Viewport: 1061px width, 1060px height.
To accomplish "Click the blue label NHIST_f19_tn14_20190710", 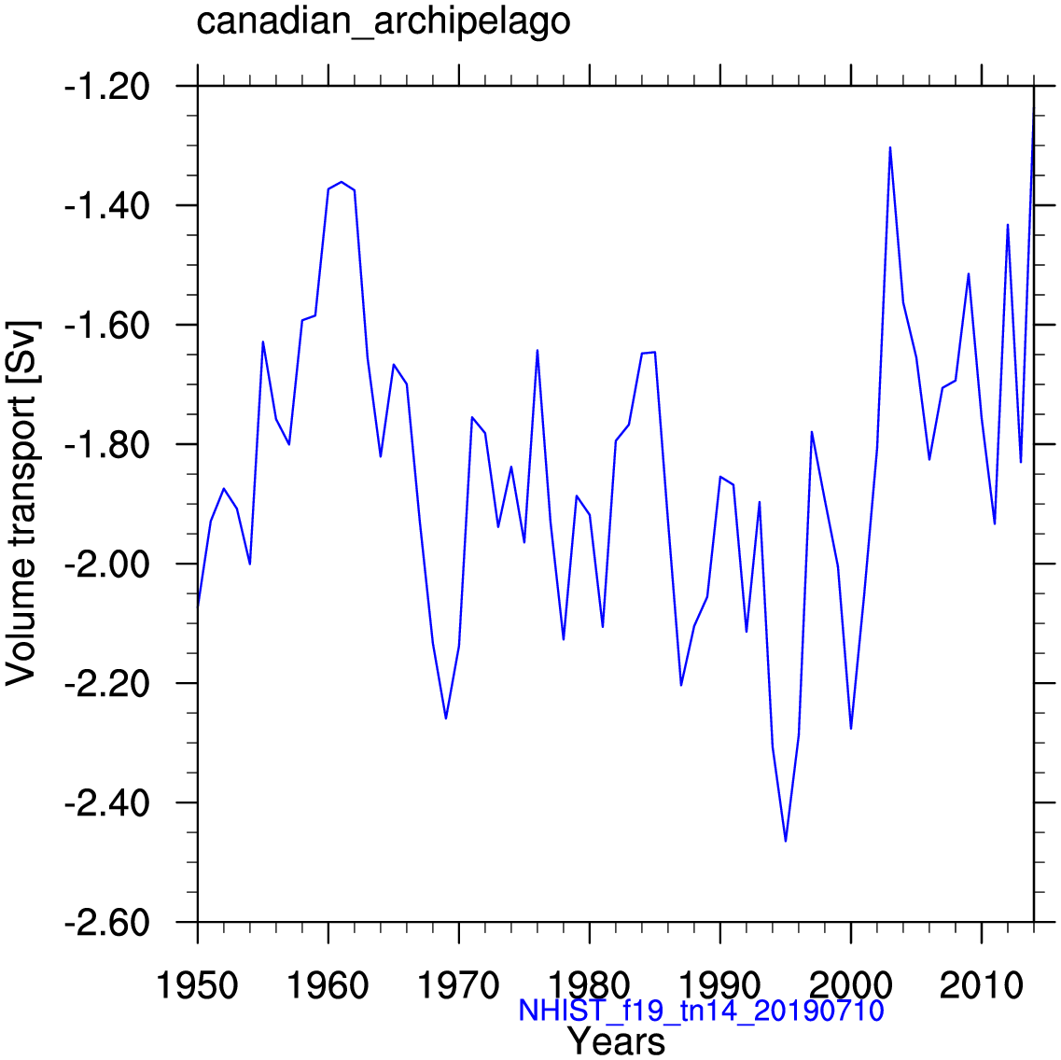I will coord(701,1011).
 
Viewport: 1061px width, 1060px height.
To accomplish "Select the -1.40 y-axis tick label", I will coord(106,206).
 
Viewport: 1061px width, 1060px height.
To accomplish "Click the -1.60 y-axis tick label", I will coord(106,326).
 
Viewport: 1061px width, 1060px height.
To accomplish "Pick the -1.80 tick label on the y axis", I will coord(106,445).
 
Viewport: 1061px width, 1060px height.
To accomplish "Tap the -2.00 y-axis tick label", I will coord(106,565).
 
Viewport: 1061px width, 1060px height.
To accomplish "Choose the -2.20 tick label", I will coord(106,684).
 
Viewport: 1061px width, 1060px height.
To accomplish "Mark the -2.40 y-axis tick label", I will coord(106,803).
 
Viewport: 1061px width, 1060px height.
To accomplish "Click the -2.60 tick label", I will coord(106,923).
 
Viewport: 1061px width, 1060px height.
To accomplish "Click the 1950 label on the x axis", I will coord(198,986).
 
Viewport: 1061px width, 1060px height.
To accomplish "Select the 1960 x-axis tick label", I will coord(328,986).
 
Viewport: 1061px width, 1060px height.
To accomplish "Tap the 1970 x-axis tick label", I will coord(459,986).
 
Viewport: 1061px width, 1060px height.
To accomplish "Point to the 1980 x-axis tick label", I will coord(590,986).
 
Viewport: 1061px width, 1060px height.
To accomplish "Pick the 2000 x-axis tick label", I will coord(851,986).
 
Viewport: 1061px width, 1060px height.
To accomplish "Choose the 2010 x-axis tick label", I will coord(982,986).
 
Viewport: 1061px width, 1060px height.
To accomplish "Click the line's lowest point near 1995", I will coord(786,841).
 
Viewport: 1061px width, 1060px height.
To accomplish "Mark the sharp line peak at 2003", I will coord(890,147).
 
